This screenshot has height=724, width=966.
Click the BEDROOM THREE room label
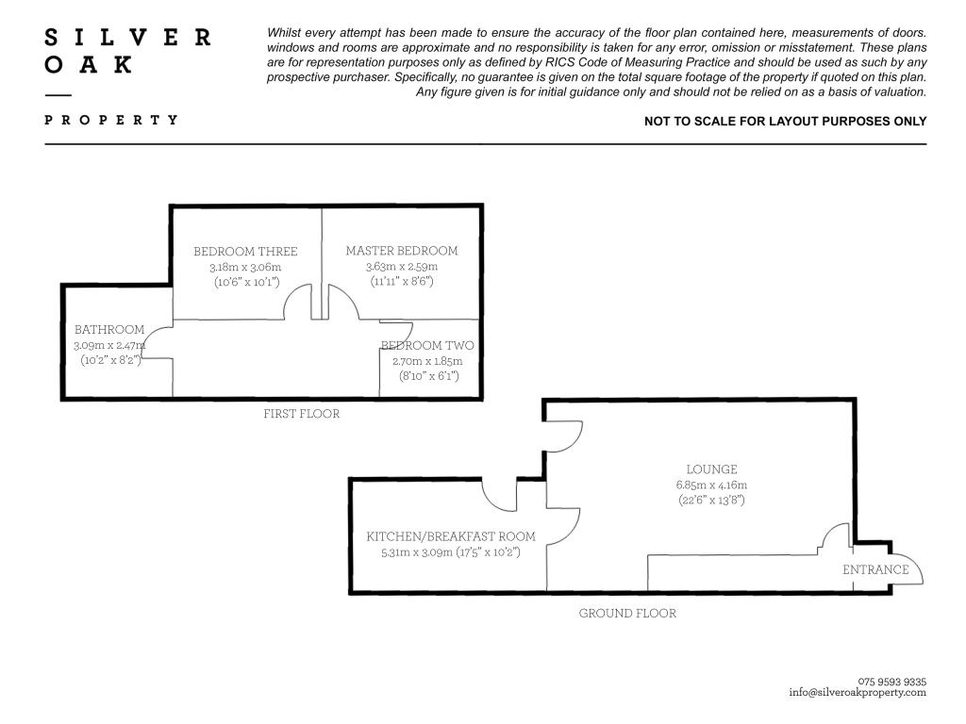245,252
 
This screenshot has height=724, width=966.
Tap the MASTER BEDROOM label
402,251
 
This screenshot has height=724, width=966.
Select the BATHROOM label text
109,330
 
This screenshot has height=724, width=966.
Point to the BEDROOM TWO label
427,346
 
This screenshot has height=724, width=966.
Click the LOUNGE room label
711,469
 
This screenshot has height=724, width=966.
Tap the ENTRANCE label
875,569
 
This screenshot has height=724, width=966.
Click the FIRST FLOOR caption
301,414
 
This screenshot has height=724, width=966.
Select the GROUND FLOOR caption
627,613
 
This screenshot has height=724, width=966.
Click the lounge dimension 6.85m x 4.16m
711,485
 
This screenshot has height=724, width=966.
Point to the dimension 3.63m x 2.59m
402,267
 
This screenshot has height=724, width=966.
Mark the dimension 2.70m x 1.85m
427,361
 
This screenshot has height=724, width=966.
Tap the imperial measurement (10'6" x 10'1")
245,282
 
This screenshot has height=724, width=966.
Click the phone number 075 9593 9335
892,682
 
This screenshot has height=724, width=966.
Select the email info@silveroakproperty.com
858,692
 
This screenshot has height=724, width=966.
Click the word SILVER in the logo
128,38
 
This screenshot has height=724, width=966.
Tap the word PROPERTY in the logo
111,120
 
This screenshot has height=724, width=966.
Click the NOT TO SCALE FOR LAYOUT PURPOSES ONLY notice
785,122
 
